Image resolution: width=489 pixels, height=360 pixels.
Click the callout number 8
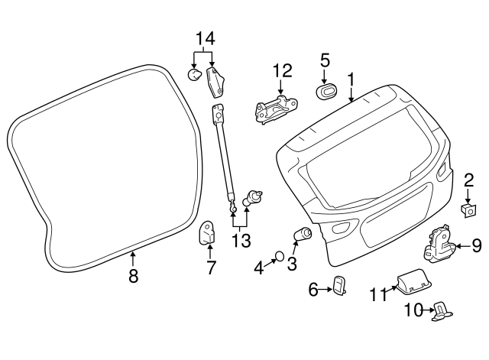click(133, 276)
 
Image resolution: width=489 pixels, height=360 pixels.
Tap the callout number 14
click(206, 37)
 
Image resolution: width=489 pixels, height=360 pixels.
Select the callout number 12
click(282, 72)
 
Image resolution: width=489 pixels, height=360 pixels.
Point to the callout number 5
click(325, 60)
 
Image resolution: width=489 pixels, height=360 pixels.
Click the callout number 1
click(351, 79)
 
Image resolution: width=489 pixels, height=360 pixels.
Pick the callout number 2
click(468, 180)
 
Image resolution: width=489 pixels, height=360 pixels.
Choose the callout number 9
click(476, 245)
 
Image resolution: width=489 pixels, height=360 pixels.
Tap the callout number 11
click(378, 294)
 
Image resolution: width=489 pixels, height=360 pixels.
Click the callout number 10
click(413, 310)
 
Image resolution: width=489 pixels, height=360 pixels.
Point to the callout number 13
click(241, 242)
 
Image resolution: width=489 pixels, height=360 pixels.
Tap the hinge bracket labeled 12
click(272, 107)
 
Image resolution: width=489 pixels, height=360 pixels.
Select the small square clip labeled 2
click(465, 209)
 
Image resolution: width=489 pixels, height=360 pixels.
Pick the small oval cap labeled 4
click(280, 255)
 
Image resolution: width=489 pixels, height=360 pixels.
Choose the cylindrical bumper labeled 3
click(303, 234)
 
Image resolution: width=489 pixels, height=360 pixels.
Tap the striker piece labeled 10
click(442, 310)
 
